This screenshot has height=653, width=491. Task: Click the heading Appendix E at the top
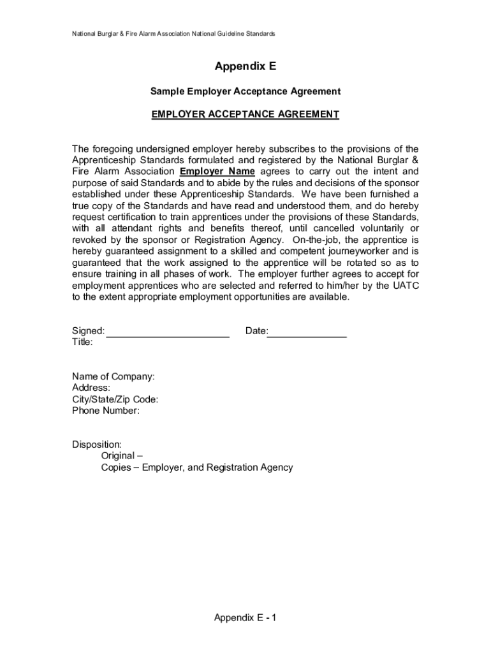pos(246,67)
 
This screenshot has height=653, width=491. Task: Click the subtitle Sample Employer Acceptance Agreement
pos(246,92)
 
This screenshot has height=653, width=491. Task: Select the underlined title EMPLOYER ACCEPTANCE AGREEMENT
pos(246,115)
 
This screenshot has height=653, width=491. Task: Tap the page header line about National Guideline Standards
pos(173,33)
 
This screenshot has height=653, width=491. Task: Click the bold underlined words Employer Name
pos(217,172)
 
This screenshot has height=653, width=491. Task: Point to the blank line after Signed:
pos(168,331)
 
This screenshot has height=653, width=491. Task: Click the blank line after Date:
pos(307,331)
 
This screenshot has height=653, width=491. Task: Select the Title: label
pos(82,342)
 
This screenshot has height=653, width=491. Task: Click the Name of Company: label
pos(113,377)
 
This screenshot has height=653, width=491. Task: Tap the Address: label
pos(91,388)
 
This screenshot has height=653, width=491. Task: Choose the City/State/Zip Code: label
pos(115,400)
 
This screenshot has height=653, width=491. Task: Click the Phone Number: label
pos(106,411)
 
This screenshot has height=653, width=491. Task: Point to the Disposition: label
pos(97,444)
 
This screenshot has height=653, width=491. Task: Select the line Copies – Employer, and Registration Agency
pos(197,467)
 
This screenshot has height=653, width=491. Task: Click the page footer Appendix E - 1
pos(246,618)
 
